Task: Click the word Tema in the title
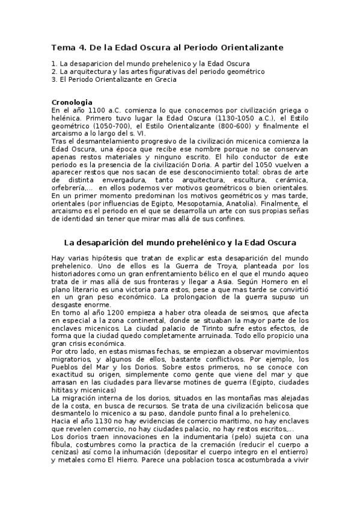[61, 46]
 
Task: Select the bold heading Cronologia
[72, 102]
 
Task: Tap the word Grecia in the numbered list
[163, 79]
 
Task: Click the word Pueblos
[67, 367]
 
